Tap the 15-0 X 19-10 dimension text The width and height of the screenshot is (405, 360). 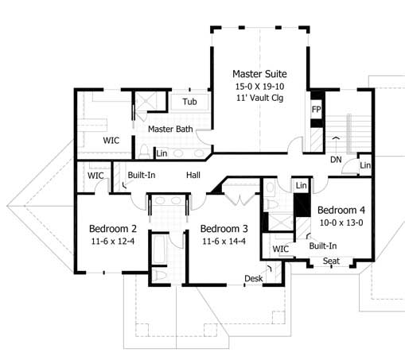(x=259, y=85)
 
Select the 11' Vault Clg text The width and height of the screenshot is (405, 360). (x=259, y=98)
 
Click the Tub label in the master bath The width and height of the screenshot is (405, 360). (x=189, y=102)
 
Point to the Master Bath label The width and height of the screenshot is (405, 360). (x=169, y=129)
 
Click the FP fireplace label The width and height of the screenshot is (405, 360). (x=316, y=109)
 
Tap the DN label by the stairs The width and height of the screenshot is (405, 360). (x=337, y=159)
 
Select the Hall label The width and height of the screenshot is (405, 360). (x=193, y=174)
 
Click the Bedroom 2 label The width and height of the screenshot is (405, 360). (x=111, y=229)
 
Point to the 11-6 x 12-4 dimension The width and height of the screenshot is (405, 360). (x=111, y=242)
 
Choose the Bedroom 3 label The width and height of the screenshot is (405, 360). (x=224, y=229)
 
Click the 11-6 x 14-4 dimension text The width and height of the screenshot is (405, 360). (x=224, y=242)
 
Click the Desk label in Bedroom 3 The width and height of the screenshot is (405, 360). (x=253, y=278)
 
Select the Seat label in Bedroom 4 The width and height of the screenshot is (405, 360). (x=331, y=261)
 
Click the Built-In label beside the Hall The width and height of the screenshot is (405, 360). (x=141, y=174)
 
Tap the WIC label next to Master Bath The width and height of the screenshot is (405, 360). (x=111, y=140)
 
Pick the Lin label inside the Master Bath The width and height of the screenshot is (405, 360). (x=162, y=153)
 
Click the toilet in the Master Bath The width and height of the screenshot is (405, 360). (x=144, y=150)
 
